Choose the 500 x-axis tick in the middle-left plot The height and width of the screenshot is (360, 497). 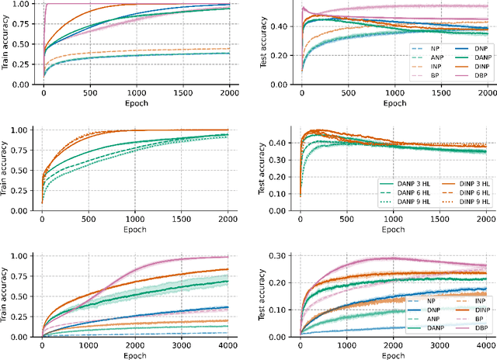click(x=88, y=220)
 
